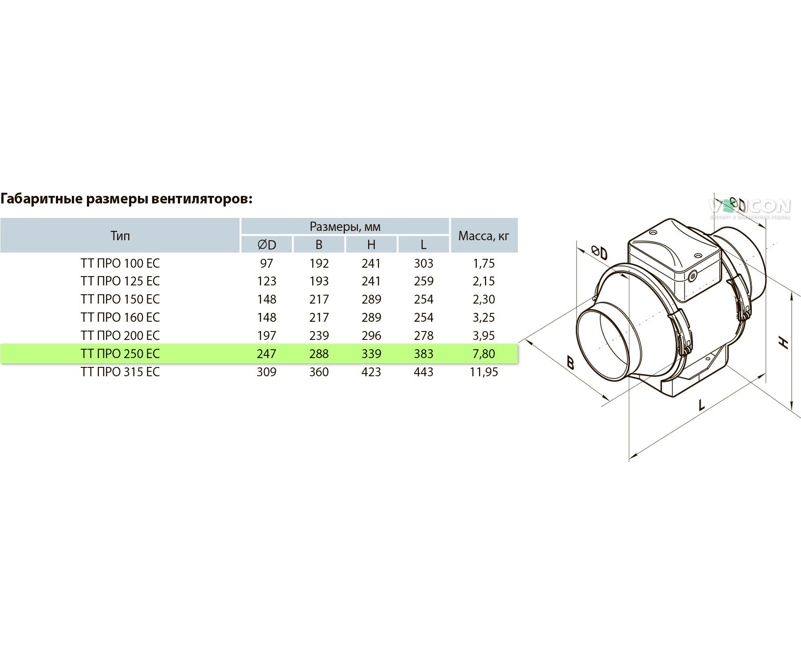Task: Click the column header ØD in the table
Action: tap(267, 245)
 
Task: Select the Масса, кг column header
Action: tap(484, 236)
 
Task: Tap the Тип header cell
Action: tap(120, 235)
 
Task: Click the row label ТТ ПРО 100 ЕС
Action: tap(120, 263)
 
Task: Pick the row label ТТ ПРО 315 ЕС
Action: tap(120, 372)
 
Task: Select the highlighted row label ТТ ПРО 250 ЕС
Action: tap(120, 354)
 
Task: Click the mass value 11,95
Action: tap(484, 372)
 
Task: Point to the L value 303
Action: tap(424, 263)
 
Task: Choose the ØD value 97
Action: tap(267, 263)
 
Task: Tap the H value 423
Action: tap(371, 372)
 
